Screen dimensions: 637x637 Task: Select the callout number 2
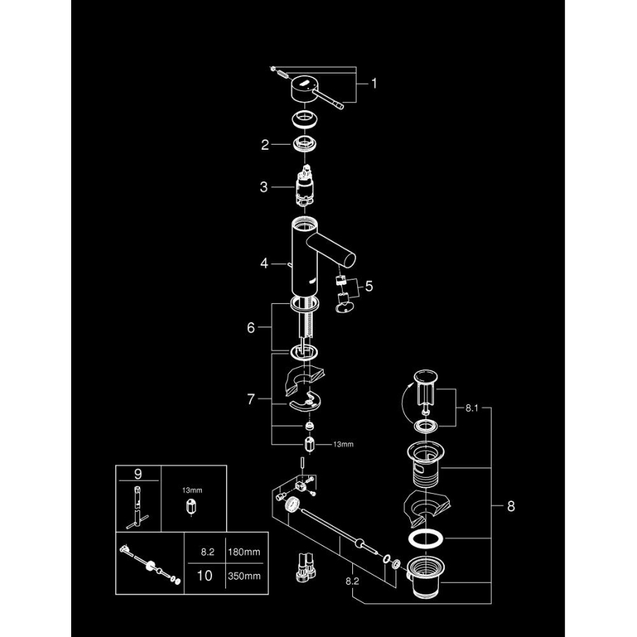[265, 145]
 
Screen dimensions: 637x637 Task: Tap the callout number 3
[265, 187]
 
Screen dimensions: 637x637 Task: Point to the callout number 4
[265, 261]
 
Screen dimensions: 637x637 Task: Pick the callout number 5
[369, 286]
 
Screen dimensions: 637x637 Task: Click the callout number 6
[251, 327]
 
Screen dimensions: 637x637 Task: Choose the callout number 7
[252, 400]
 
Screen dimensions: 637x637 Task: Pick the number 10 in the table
[205, 575]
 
